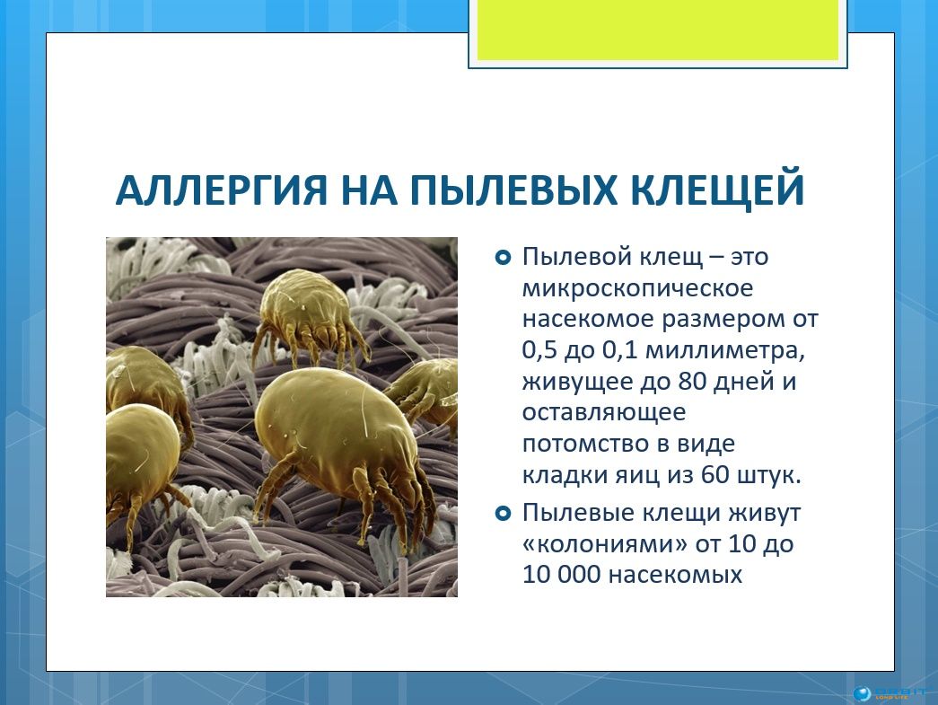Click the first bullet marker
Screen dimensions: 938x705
[503, 258]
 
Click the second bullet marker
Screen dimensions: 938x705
[503, 514]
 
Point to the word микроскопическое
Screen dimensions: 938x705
[637, 288]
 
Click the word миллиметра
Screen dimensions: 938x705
[725, 350]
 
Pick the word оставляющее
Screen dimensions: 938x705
[604, 413]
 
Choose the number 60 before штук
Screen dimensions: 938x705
[715, 475]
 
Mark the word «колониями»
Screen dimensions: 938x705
[604, 544]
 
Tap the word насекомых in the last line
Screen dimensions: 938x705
[675, 575]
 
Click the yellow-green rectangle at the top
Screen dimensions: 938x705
[657, 30]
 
